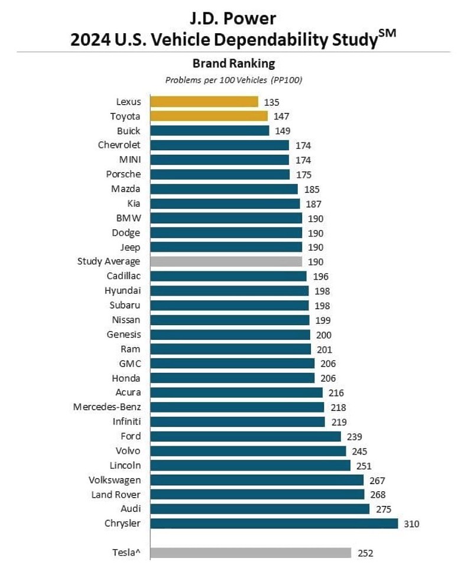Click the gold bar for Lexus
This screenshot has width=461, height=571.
tap(204, 102)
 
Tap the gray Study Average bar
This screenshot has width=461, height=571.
tap(226, 261)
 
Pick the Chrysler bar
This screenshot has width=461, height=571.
tap(274, 523)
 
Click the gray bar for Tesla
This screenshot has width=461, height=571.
tap(251, 553)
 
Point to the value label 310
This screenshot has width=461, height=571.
tap(411, 524)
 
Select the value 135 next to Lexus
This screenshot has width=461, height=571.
tap(272, 102)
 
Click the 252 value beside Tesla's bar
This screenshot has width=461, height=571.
tap(365, 553)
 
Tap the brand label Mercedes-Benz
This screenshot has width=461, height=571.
tap(107, 407)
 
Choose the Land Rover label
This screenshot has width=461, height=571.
tap(116, 494)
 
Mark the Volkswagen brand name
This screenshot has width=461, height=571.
tap(115, 479)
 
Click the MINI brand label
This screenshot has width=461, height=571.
tap(130, 160)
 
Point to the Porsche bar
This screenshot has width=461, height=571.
tap(220, 174)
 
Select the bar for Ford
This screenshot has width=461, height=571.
tap(245, 436)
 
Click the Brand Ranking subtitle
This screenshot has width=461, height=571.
tap(234, 63)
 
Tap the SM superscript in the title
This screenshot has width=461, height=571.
tap(388, 34)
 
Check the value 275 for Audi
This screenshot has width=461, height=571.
tap(384, 509)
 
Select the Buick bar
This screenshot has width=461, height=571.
tap(209, 131)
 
